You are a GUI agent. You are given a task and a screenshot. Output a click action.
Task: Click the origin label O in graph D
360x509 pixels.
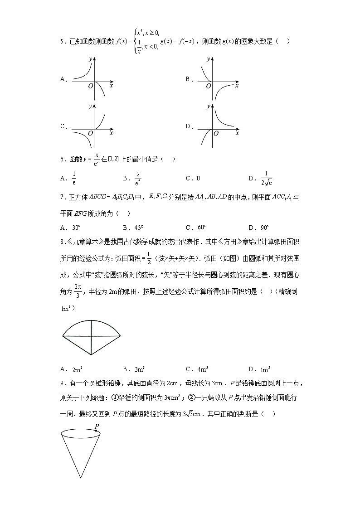tap(216, 133)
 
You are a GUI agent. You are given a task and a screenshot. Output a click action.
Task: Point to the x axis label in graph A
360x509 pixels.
tap(111, 85)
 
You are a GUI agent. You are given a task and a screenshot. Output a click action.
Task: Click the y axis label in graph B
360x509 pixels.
tap(208, 59)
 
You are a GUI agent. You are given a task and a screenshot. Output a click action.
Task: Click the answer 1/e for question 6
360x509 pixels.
tap(74, 179)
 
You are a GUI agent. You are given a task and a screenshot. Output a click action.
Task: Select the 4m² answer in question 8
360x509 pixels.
tap(197, 369)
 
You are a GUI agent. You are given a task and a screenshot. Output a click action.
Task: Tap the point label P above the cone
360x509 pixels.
tap(97, 426)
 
